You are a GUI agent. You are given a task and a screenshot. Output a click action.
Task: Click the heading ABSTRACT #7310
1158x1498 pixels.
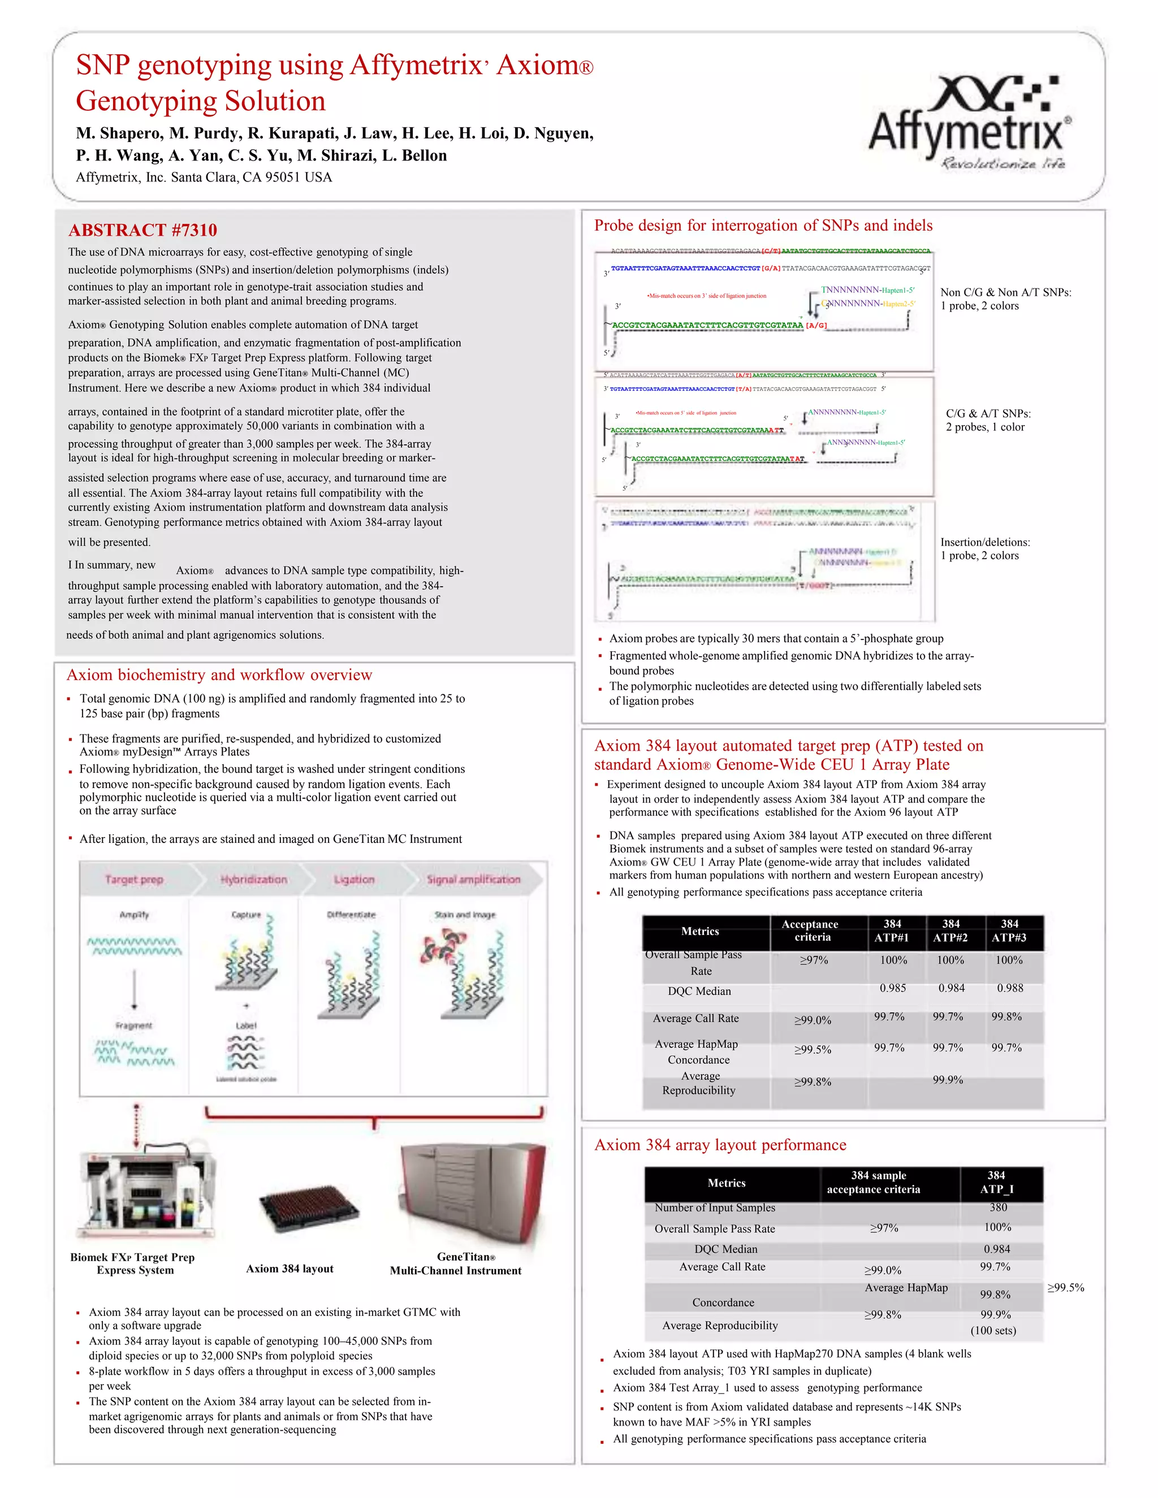pos(142,230)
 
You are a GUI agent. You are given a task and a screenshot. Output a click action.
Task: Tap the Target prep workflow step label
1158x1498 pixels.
pos(134,880)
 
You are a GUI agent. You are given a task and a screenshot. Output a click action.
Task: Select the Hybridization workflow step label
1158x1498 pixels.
pos(253,880)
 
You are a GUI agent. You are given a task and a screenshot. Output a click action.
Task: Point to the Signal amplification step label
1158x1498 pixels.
pos(473,880)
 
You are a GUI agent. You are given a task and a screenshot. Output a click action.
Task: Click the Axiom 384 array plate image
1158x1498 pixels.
pos(308,1209)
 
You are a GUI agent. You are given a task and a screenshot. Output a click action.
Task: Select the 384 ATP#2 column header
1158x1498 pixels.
pos(950,931)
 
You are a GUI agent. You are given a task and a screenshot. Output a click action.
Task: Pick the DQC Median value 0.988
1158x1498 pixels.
pos(1010,988)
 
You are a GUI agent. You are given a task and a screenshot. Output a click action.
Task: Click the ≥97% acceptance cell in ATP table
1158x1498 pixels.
pos(814,960)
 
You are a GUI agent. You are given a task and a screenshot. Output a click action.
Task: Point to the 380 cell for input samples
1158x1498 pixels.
pos(998,1207)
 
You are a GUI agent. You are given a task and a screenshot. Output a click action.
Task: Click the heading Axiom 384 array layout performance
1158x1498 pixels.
pos(720,1145)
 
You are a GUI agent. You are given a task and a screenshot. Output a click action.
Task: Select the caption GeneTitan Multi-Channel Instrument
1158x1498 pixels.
pos(456,1263)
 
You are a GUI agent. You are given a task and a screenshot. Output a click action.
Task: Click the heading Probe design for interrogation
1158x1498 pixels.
pos(763,225)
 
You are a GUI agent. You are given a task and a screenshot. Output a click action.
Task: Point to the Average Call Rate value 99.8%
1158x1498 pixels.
pos(1006,1016)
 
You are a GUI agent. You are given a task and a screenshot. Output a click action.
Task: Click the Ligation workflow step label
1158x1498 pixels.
pos(354,880)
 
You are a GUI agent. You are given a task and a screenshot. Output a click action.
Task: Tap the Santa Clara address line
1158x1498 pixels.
pos(204,177)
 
